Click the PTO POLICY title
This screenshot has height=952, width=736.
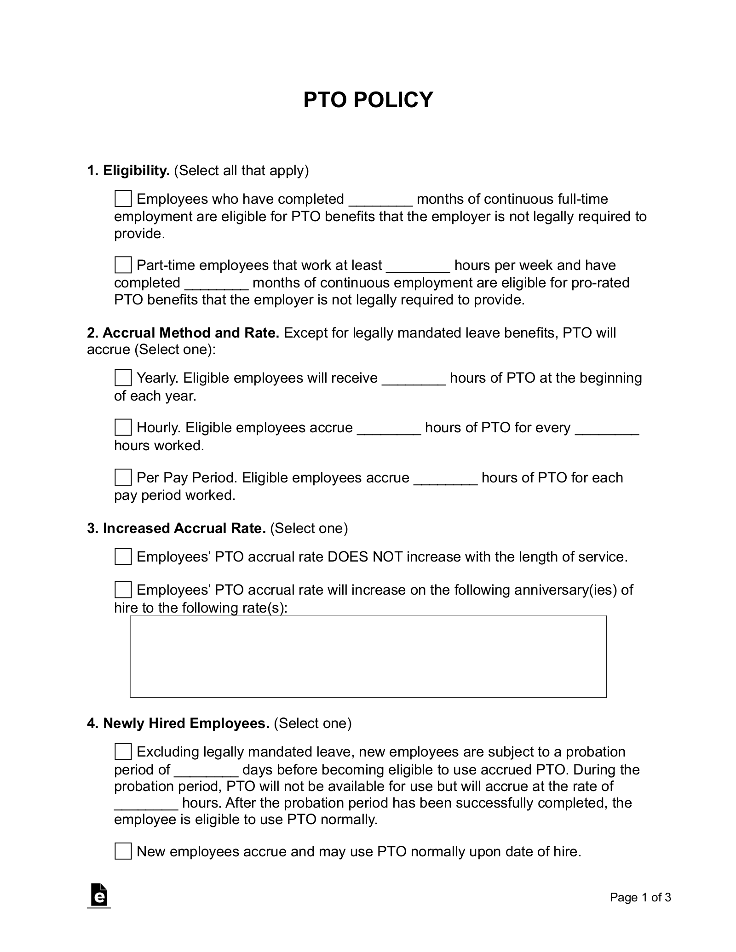pyautogui.click(x=368, y=100)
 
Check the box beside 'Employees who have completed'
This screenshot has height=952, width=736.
pyautogui.click(x=123, y=199)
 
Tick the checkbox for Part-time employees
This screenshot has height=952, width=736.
pyautogui.click(x=123, y=265)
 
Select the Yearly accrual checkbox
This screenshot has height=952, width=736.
pyautogui.click(x=123, y=378)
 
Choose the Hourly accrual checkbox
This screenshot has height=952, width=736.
pyautogui.click(x=123, y=428)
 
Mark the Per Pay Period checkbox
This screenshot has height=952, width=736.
pyautogui.click(x=123, y=477)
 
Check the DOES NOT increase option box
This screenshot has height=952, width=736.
pyautogui.click(x=123, y=556)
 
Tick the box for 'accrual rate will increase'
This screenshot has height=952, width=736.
pyautogui.click(x=123, y=590)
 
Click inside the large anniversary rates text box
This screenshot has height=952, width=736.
pyautogui.click(x=368, y=656)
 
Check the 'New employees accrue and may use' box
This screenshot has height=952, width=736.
pyautogui.click(x=123, y=851)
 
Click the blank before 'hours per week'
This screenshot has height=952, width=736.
pyautogui.click(x=418, y=267)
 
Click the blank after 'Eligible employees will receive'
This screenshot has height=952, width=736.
pyautogui.click(x=414, y=379)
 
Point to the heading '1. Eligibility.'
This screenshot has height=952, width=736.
pyautogui.click(x=128, y=171)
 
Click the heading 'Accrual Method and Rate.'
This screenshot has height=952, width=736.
pyautogui.click(x=190, y=333)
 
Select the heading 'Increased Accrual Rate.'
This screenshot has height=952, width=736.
pyautogui.click(x=184, y=528)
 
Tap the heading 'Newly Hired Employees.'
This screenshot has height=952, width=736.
pyautogui.click(x=186, y=723)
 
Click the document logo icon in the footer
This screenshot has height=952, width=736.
pyautogui.click(x=99, y=895)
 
